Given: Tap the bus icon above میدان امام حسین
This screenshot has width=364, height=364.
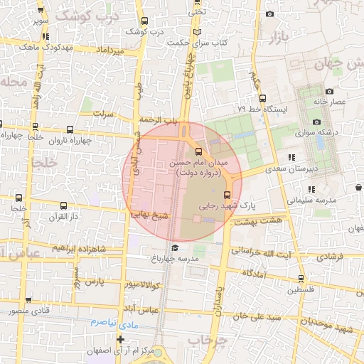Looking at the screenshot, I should click(198, 151).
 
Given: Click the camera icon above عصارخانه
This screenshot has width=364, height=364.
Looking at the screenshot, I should click(328, 91).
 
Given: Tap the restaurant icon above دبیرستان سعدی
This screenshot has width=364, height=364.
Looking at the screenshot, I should click(291, 158).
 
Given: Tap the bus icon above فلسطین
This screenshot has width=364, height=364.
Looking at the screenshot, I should click(301, 279).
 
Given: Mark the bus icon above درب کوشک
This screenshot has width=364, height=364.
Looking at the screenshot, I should click(145, 21).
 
